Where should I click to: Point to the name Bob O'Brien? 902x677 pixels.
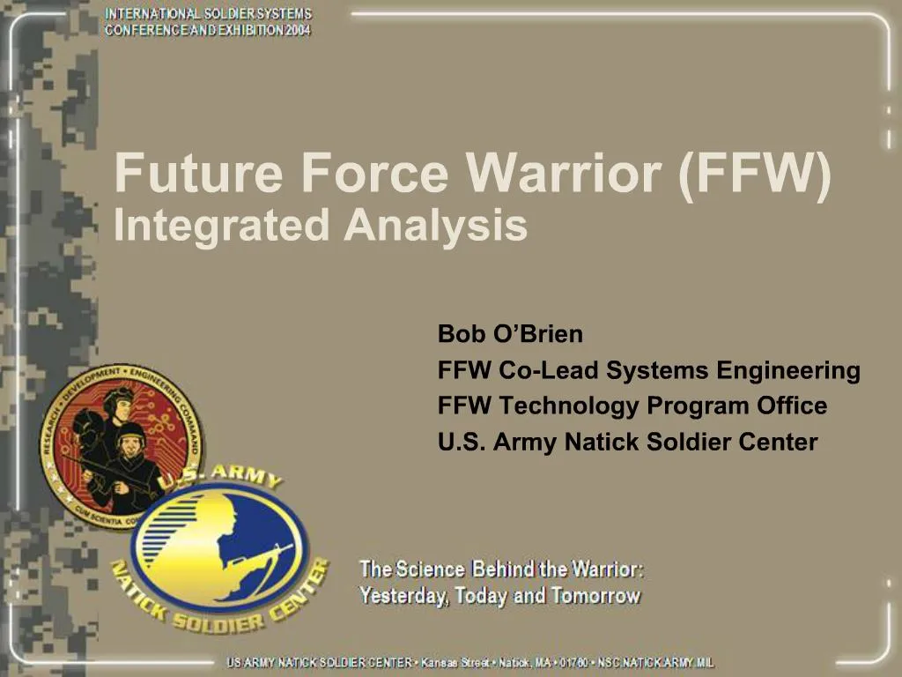tap(510, 335)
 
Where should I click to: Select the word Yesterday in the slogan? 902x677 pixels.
tap(403, 596)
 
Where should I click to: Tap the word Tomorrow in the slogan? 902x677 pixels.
tap(595, 596)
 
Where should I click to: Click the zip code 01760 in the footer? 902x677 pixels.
tap(574, 663)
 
